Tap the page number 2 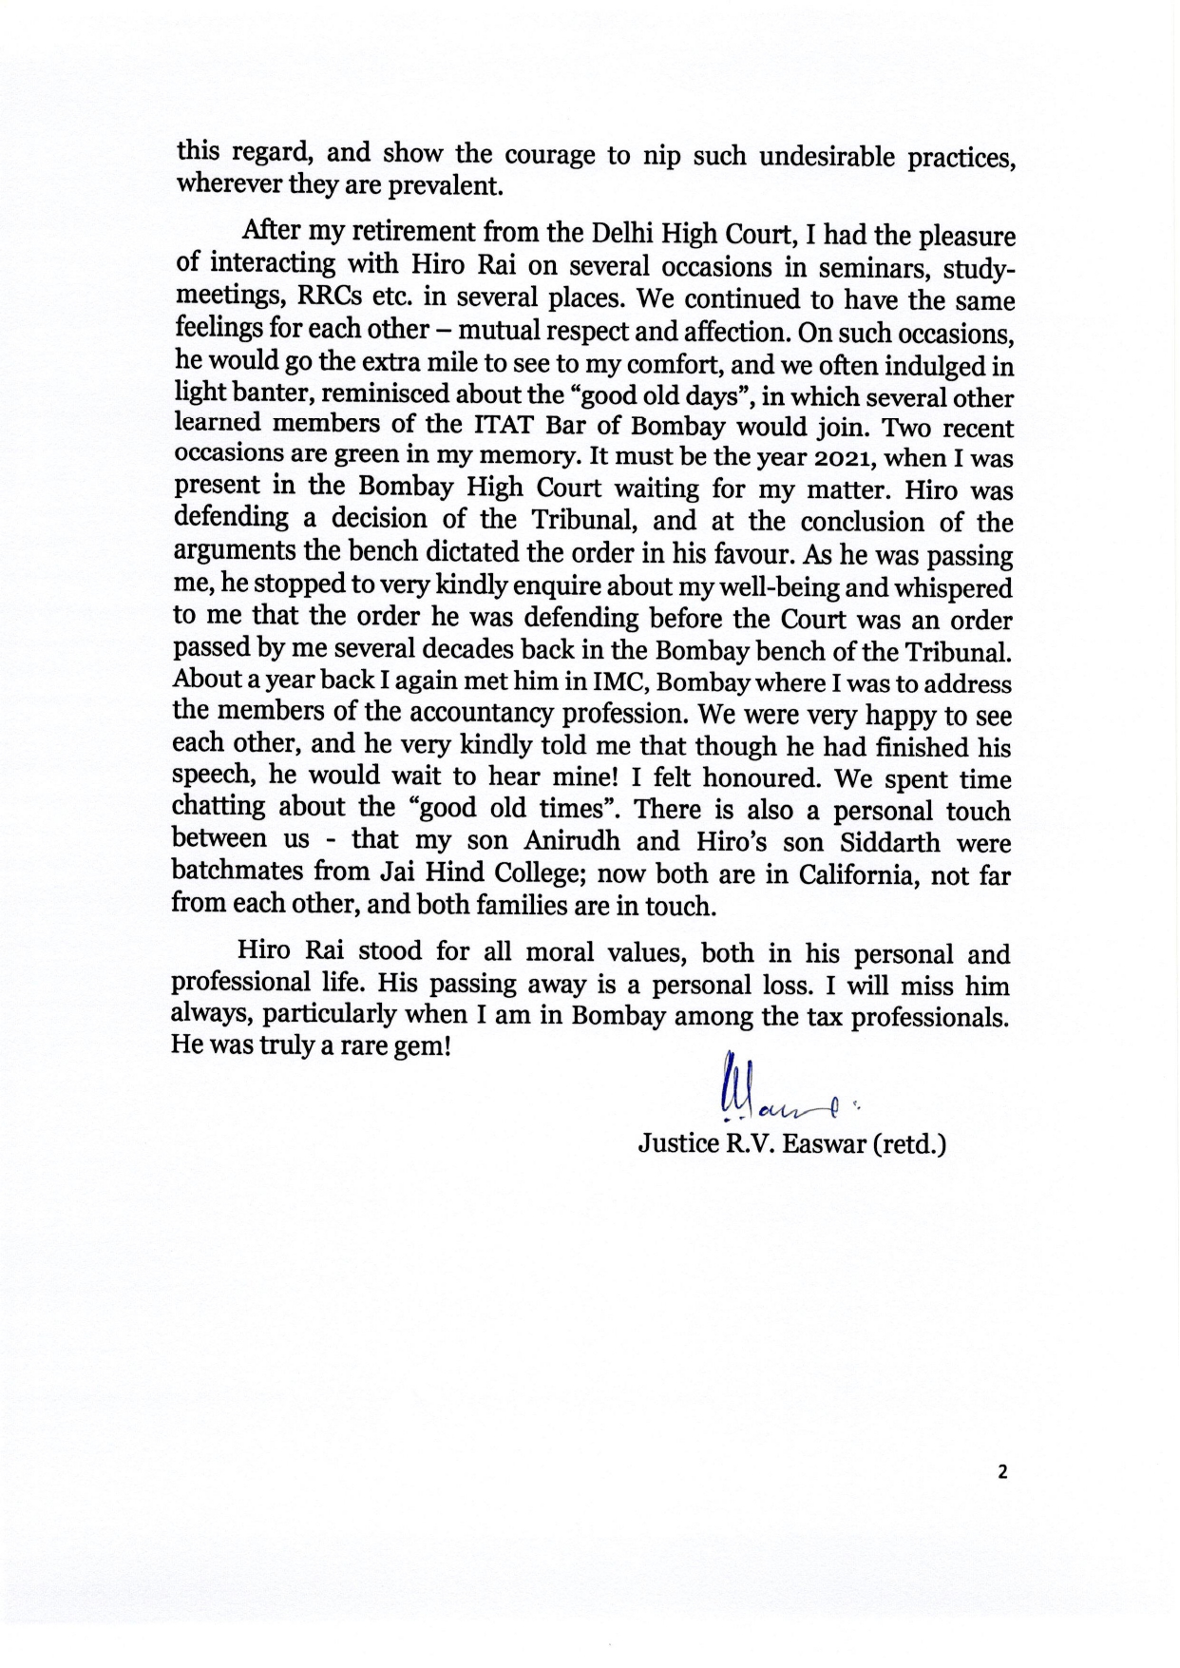click(x=1001, y=1472)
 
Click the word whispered click(x=943, y=588)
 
